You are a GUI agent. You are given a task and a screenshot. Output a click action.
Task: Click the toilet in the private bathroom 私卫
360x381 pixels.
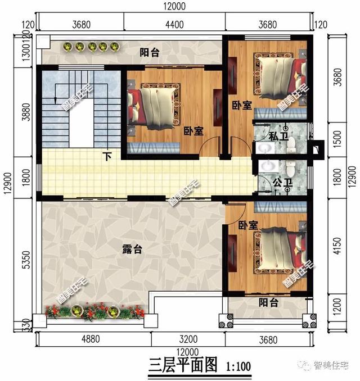click(291, 147)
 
